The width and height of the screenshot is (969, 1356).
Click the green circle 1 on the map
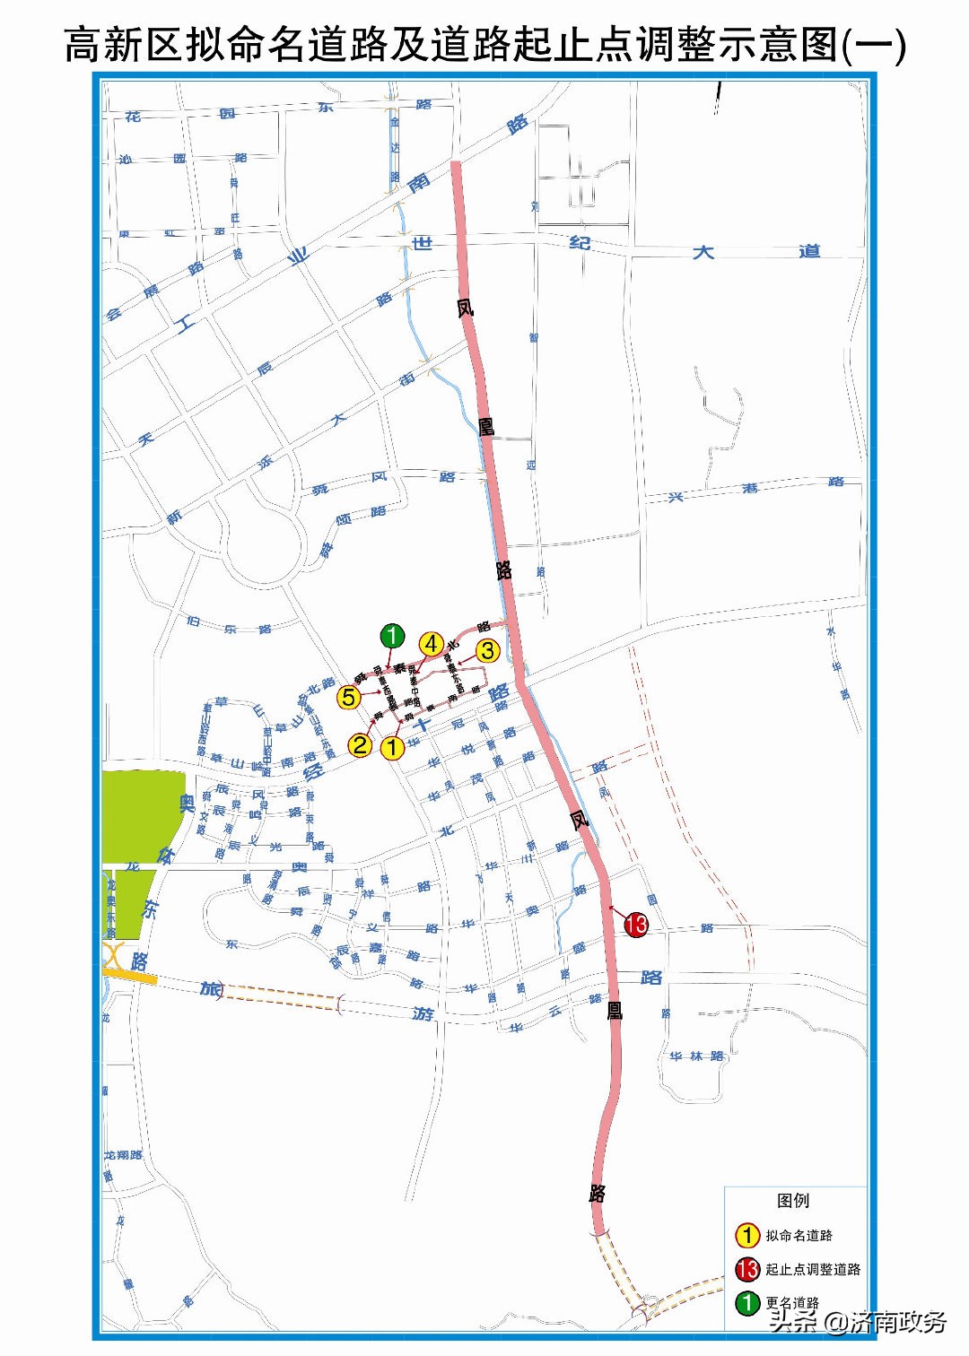(x=392, y=637)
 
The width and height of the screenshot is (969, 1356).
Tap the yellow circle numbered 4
(x=432, y=644)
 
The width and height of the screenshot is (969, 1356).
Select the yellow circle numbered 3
(x=487, y=650)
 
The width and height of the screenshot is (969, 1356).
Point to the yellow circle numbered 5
(x=349, y=697)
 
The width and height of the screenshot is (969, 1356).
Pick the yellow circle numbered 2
(x=360, y=744)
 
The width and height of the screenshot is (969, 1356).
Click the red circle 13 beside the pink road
(x=636, y=925)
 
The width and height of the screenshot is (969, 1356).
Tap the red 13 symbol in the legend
(x=747, y=1269)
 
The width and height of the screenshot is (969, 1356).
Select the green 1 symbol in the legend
(x=747, y=1302)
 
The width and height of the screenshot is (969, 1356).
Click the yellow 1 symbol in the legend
(x=747, y=1236)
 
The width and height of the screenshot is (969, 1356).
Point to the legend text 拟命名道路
(x=799, y=1236)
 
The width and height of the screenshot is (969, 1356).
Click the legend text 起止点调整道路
(x=813, y=1269)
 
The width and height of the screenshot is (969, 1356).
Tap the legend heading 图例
(x=793, y=1201)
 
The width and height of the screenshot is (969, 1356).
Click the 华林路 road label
(x=696, y=1056)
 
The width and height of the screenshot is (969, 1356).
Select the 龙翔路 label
(x=124, y=1155)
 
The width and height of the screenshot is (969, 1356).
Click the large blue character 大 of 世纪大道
(x=703, y=252)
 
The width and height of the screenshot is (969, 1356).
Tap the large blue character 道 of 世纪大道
(x=809, y=251)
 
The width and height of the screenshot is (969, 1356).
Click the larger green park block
(x=142, y=814)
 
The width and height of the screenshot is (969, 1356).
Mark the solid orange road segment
(x=130, y=975)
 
